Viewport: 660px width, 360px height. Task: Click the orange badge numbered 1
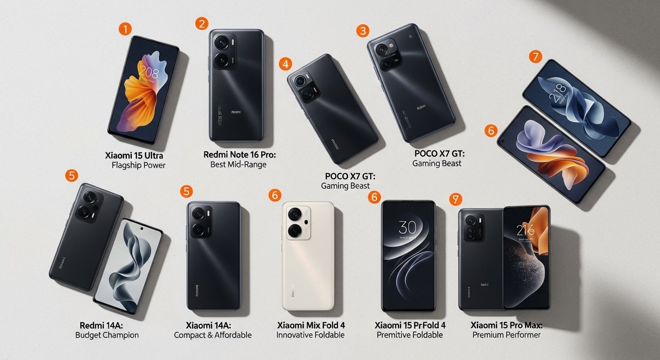tap(125, 29)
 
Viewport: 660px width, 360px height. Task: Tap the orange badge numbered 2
tap(202, 23)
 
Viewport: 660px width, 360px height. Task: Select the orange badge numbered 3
tap(362, 31)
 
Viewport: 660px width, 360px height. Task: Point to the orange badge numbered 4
tap(285, 64)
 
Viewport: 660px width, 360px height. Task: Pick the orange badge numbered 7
tap(535, 57)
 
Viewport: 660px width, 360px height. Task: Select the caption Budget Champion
tap(107, 335)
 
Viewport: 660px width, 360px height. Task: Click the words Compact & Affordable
tap(213, 335)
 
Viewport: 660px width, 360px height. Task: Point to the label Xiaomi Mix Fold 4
tap(311, 325)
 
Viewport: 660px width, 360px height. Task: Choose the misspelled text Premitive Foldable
tap(410, 335)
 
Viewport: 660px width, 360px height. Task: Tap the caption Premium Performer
tap(506, 335)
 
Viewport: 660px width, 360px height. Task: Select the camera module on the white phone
tap(296, 222)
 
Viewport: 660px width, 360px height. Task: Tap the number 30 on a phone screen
tap(407, 227)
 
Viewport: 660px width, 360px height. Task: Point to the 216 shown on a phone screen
tap(525, 230)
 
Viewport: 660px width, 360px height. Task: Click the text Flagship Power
tap(139, 165)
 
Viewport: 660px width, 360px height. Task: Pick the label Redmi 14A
tap(102, 325)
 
